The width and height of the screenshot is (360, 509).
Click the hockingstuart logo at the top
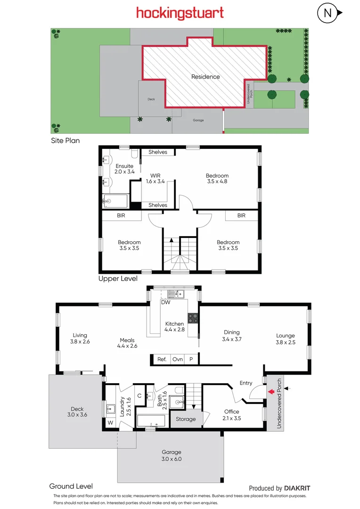180,13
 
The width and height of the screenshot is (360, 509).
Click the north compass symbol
327,13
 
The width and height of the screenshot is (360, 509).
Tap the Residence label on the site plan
205,77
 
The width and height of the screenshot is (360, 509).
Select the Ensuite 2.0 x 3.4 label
125,169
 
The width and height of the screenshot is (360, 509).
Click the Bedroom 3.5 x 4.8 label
217,178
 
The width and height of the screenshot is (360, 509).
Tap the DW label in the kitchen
165,303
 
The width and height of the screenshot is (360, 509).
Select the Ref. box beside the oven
162,359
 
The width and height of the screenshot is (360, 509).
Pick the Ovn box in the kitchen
177,359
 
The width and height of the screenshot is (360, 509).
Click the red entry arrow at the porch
270,391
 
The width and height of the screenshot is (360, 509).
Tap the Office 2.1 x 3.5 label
231,415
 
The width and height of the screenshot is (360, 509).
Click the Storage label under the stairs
186,419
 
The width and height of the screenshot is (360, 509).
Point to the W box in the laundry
110,423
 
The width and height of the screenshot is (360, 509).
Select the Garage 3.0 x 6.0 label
171,455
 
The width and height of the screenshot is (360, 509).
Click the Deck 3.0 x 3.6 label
76,411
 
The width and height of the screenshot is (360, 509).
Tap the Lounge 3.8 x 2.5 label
286,339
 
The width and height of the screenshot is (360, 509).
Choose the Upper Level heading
118,279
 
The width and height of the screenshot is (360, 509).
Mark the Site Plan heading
65,140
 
